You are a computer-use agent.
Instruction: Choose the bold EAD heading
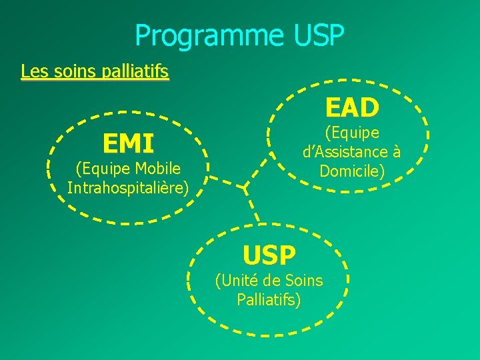[x=352, y=107]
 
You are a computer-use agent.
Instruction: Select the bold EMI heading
[x=128, y=143]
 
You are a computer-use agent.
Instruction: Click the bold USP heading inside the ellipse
[x=269, y=255]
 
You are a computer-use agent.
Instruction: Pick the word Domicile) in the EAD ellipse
[x=352, y=171]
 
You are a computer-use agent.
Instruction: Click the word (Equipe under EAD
[x=352, y=133]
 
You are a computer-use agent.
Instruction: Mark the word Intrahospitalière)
[x=128, y=187]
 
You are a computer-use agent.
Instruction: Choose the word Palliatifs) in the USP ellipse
[x=269, y=299]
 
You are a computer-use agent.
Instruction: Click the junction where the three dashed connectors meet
[x=246, y=186]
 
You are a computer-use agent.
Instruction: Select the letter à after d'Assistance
[x=396, y=152]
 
